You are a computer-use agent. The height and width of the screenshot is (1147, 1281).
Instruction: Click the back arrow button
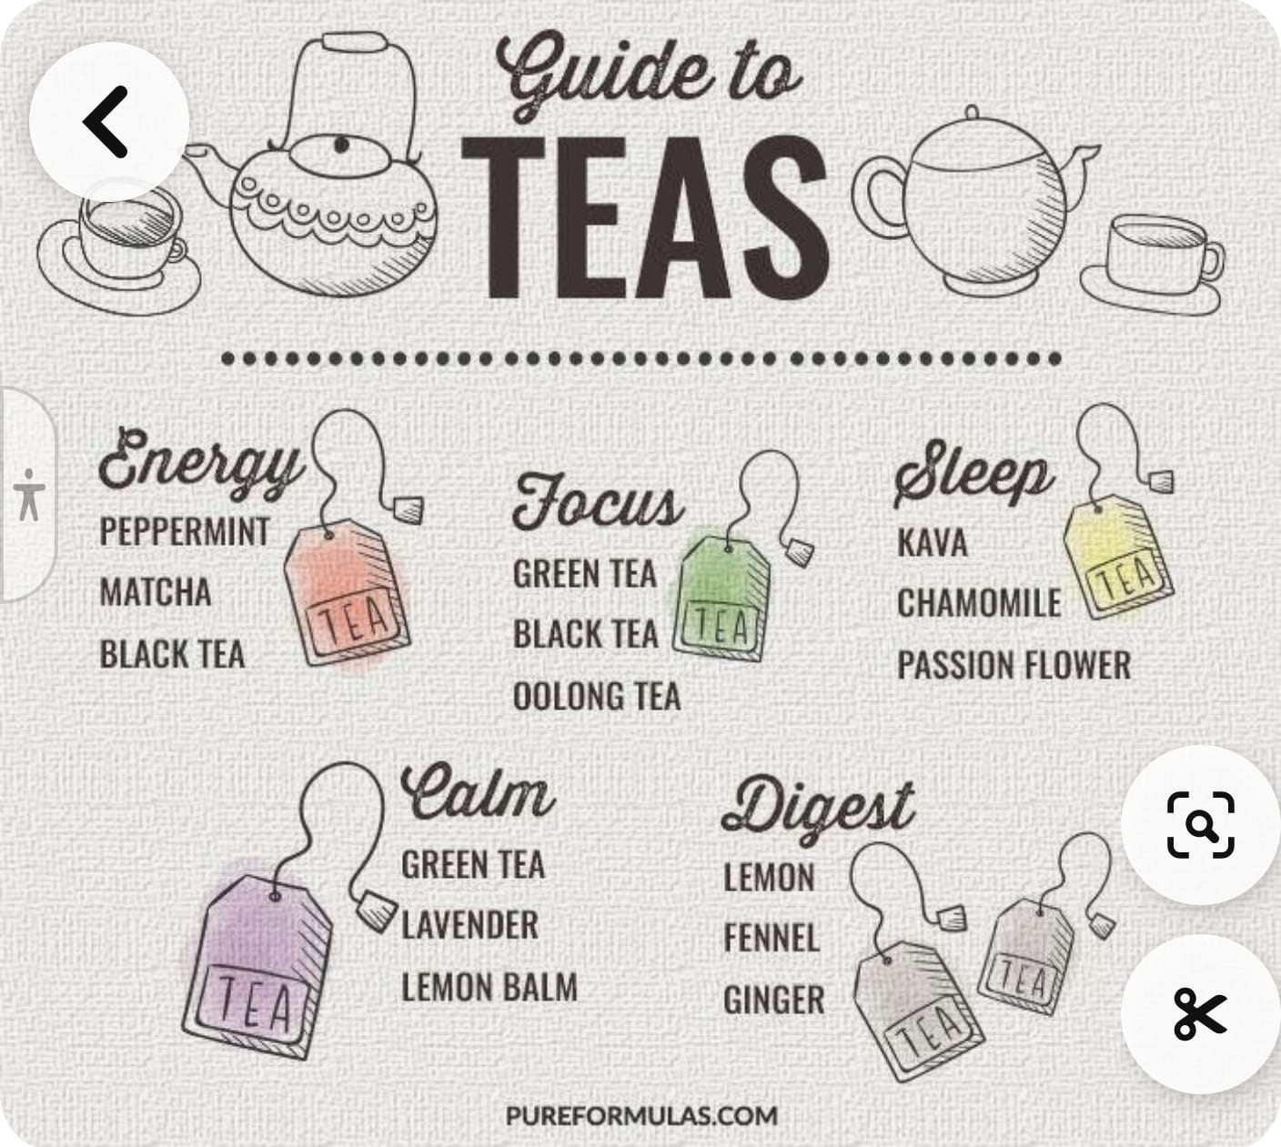click(109, 121)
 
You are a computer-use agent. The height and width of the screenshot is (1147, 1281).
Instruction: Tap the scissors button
click(1200, 1014)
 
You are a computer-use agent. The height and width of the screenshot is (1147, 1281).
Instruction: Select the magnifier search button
click(1200, 824)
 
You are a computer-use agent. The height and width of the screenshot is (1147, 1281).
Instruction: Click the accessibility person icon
click(29, 495)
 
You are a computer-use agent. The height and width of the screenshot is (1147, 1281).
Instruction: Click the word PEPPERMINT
click(185, 531)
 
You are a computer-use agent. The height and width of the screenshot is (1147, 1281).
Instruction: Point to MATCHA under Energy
click(156, 592)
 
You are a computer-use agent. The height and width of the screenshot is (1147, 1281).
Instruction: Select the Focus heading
click(598, 504)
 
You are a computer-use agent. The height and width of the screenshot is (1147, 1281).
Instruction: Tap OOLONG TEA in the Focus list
click(597, 696)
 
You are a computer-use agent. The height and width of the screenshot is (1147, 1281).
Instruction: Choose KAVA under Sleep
click(932, 542)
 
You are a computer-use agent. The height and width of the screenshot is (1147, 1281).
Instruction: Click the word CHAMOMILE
click(979, 603)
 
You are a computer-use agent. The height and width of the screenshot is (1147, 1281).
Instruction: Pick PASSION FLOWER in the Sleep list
click(1014, 665)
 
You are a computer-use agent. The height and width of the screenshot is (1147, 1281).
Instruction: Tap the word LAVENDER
click(469, 925)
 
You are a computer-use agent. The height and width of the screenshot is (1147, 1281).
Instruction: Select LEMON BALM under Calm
click(489, 987)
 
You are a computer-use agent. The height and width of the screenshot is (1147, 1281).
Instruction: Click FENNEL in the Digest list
click(772, 938)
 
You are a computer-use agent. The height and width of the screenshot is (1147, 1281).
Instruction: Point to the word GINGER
click(774, 1000)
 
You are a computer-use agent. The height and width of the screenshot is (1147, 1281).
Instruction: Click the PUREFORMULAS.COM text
click(641, 1115)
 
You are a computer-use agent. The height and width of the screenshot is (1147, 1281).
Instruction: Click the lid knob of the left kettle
click(341, 146)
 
